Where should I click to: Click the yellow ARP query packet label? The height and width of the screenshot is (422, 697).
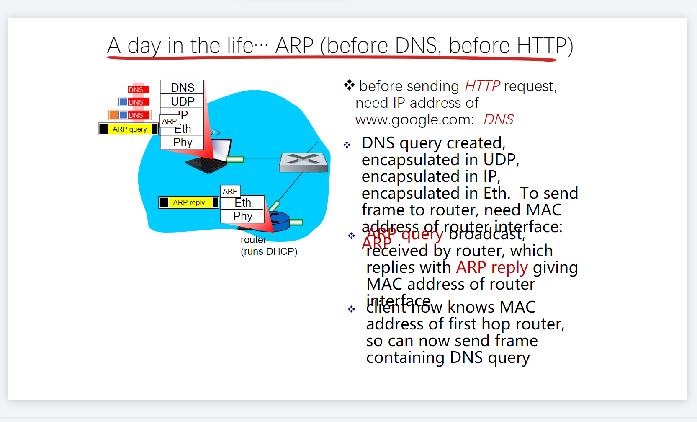[x=129, y=129]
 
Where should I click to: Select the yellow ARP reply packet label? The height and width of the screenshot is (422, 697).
[x=189, y=202]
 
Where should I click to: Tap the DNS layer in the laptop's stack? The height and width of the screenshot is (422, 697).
[x=183, y=88]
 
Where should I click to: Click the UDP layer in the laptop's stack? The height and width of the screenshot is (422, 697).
[x=183, y=101]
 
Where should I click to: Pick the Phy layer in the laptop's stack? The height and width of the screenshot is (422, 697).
[x=183, y=142]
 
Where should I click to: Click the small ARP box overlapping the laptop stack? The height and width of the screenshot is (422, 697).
[x=170, y=121]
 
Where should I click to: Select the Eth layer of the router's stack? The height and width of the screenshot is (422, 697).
[x=243, y=203]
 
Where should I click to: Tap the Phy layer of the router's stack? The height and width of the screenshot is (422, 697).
[x=243, y=216]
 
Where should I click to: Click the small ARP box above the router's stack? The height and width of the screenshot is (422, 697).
[x=230, y=191]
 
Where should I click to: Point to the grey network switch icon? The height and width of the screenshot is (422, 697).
[x=303, y=162]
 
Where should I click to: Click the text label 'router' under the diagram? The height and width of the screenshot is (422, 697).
[x=253, y=240]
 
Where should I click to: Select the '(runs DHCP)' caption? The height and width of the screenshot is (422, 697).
[x=269, y=251]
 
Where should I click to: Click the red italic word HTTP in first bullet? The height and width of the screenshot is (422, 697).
[x=482, y=86]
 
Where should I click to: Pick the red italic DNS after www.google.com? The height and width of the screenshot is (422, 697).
[x=498, y=120]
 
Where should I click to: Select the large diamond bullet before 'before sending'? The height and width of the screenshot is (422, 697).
[x=349, y=85]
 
